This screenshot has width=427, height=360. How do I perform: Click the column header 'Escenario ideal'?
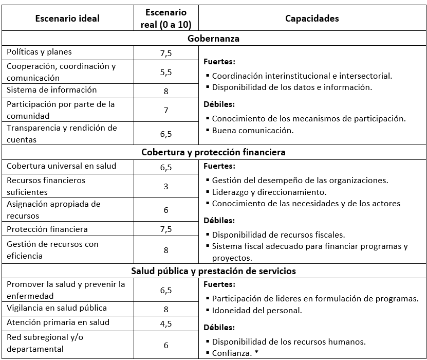[67, 19]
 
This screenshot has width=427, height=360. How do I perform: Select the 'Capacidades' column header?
[312, 19]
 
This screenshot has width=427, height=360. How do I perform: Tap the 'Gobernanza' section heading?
[213, 39]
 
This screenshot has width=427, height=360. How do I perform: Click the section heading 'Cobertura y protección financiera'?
[213, 153]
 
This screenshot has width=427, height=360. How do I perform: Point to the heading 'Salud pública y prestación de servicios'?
[213, 271]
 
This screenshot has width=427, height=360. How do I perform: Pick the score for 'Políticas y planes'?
[166, 52]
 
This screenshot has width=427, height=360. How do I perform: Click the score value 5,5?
[166, 73]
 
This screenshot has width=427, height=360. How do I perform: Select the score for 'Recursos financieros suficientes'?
[166, 186]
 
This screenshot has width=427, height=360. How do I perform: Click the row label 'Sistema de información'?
[51, 90]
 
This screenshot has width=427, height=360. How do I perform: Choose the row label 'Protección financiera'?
[47, 229]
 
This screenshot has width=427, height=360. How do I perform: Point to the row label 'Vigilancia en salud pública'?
[57, 308]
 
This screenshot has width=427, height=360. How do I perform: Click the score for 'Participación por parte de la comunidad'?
[166, 111]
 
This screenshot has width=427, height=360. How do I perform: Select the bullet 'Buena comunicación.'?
[252, 131]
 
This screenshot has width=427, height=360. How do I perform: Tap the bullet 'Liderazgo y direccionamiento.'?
[269, 192]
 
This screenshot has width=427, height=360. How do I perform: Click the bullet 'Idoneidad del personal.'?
[256, 311]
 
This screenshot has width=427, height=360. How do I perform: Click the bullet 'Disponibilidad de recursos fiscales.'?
[278, 235]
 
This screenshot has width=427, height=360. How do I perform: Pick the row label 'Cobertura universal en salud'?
[62, 166]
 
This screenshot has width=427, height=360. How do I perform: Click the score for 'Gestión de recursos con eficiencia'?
[166, 250]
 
